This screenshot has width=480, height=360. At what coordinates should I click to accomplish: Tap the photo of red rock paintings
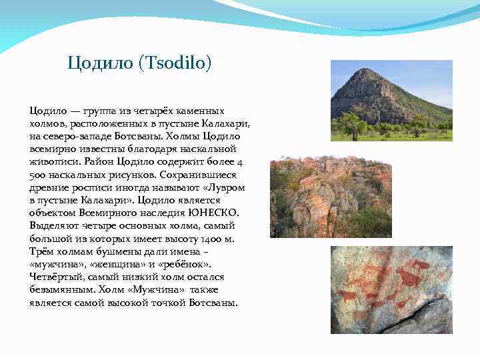[x=391, y=289]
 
